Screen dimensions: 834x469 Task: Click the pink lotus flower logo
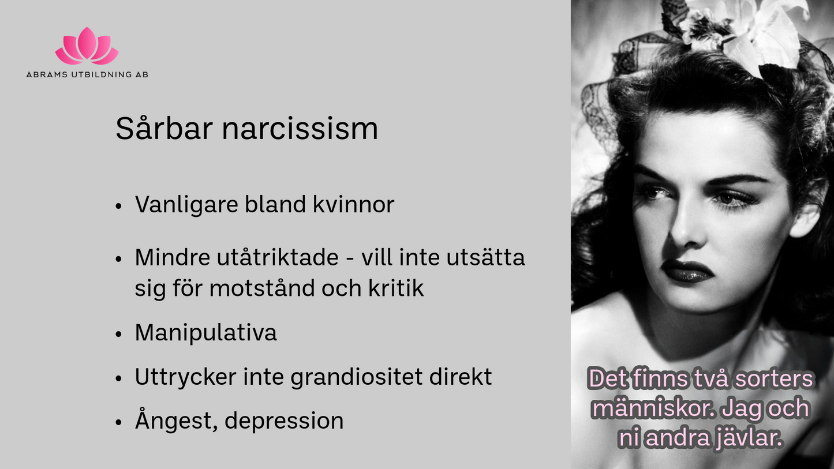pyautogui.click(x=87, y=46)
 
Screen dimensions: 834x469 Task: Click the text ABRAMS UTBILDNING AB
pyautogui.click(x=87, y=74)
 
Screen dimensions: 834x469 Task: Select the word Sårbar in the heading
pyautogui.click(x=164, y=129)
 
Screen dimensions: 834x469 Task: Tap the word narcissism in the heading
pyautogui.click(x=300, y=129)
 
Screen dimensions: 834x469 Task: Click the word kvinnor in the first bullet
pyautogui.click(x=353, y=204)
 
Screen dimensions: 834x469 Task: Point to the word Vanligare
pyautogui.click(x=186, y=205)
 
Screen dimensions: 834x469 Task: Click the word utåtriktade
pyautogui.click(x=278, y=257)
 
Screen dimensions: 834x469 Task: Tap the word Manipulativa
pyautogui.click(x=206, y=332)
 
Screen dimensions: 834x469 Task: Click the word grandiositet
pyautogui.click(x=356, y=377)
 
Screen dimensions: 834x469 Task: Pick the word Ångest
pyautogui.click(x=176, y=419)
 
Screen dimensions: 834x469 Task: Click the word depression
pyautogui.click(x=284, y=421)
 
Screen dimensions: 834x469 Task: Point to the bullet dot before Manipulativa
pyautogui.click(x=119, y=334)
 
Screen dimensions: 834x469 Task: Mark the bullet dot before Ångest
pyautogui.click(x=119, y=422)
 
